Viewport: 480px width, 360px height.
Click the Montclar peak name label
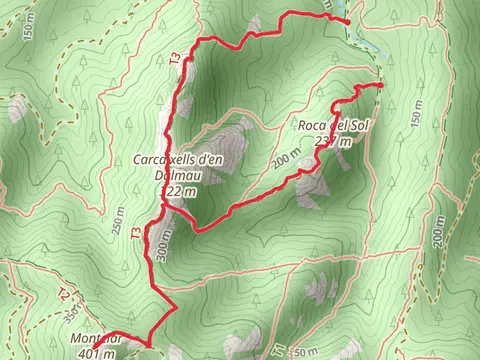tap(95, 340)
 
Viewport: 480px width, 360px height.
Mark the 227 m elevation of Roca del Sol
tap(335, 141)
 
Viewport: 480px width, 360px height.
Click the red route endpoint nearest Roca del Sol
tap(381, 86)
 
